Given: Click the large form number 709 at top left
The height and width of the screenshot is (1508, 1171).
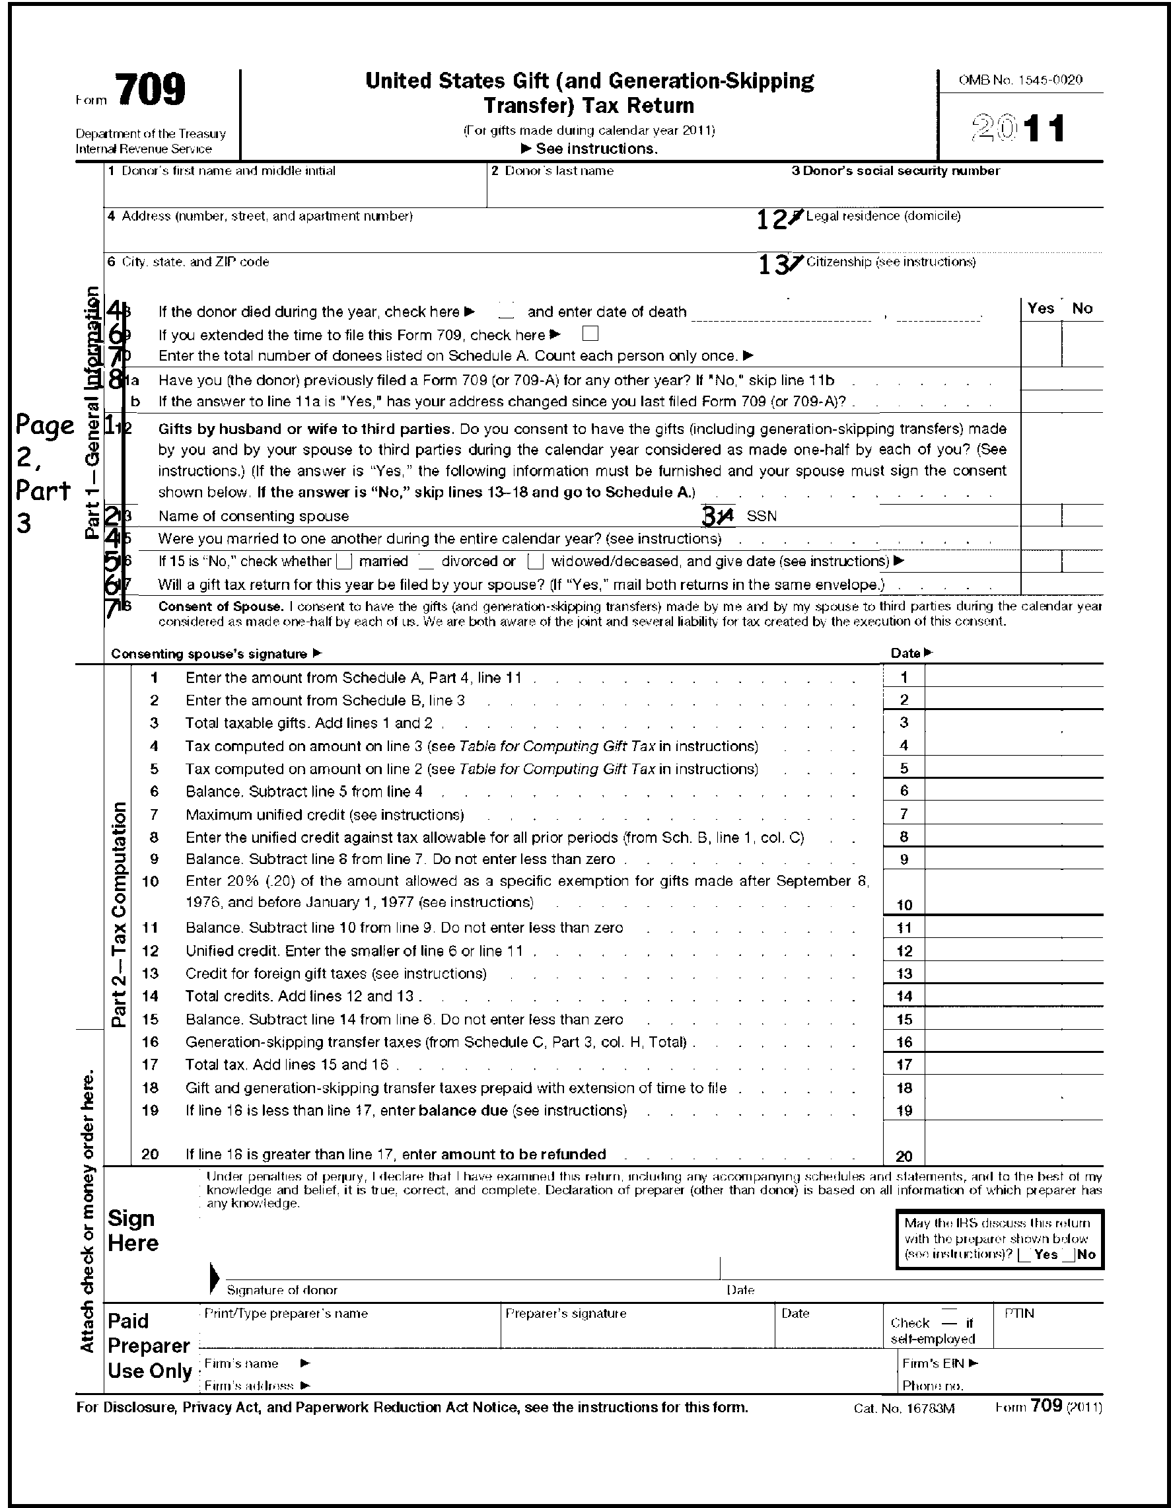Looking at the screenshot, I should [x=151, y=90].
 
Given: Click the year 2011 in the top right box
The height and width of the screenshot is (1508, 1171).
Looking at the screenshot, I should [x=1018, y=129].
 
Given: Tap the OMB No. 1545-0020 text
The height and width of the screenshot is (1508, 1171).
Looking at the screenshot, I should [x=1020, y=80].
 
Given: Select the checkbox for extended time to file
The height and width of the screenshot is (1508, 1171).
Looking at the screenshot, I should [x=590, y=334].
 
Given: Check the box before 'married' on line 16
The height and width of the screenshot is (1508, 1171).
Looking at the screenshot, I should [x=344, y=561].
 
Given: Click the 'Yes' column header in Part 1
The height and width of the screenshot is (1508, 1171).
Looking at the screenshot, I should [x=1040, y=308].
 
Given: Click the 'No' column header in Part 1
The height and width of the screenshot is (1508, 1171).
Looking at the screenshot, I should [x=1082, y=308].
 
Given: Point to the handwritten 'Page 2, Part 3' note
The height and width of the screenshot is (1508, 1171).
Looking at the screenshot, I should [x=44, y=474].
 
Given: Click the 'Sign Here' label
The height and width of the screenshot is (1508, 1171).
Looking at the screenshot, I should [x=133, y=1231].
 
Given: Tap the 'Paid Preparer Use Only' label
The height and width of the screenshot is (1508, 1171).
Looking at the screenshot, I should [x=149, y=1346].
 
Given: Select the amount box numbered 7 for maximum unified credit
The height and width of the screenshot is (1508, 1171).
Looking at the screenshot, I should [x=1013, y=814].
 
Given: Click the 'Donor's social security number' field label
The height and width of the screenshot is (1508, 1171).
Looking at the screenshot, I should [x=896, y=170].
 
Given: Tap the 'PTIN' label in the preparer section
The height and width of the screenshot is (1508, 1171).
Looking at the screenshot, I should [x=1019, y=1313].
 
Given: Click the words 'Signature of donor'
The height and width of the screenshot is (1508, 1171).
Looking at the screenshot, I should [x=282, y=1290].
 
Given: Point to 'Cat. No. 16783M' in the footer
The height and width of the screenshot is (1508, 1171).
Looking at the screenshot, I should [x=904, y=1408].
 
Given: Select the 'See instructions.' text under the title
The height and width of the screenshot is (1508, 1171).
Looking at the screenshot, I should [x=596, y=149].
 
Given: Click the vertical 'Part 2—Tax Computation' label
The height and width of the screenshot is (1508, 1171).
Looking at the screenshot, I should [x=119, y=914].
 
